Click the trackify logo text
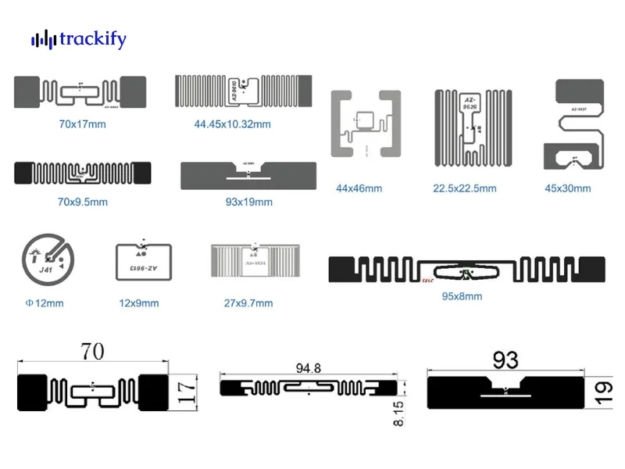[92, 39]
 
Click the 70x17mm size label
[82, 124]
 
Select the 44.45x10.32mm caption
[232, 124]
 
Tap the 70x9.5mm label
[82, 202]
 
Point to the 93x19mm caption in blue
[248, 202]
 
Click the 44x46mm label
[359, 188]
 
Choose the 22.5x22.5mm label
[465, 188]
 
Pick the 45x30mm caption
[567, 188]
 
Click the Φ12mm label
[44, 303]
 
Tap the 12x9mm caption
[138, 303]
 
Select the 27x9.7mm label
[248, 303]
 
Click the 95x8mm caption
[462, 296]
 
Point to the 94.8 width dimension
[309, 367]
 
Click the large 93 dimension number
[505, 359]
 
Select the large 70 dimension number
[92, 352]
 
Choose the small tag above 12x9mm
[143, 261]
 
